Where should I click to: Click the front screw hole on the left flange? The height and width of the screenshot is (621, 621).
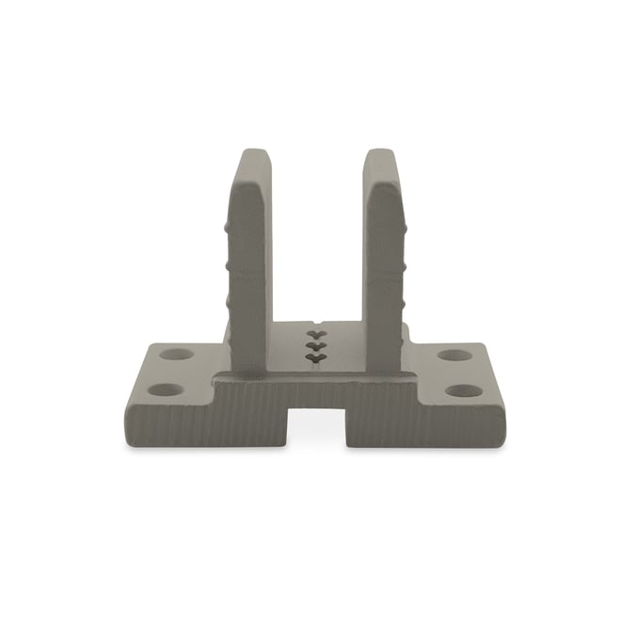(x=166, y=389)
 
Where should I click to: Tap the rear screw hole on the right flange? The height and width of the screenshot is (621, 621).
(x=454, y=356)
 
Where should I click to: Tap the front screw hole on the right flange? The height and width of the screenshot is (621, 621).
(x=463, y=390)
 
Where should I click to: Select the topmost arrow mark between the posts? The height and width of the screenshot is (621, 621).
(x=315, y=333)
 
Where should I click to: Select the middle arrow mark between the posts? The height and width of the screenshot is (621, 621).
(x=315, y=345)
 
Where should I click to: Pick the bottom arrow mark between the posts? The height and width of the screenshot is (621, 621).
(x=315, y=358)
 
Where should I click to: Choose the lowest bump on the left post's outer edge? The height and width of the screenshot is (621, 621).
(x=227, y=302)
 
